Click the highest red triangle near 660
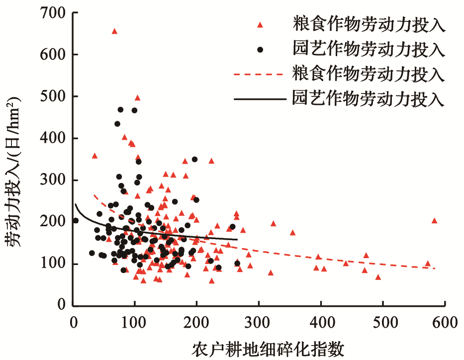tap(114, 31)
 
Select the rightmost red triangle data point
tap(434, 221)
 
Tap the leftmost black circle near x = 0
tap(76, 221)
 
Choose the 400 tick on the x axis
tap(321, 322)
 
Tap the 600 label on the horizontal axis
tap(445, 322)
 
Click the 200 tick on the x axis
tap(197, 322)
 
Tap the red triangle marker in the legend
tap(260, 24)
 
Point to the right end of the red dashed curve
tap(435, 269)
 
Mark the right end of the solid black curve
tap(237, 240)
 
